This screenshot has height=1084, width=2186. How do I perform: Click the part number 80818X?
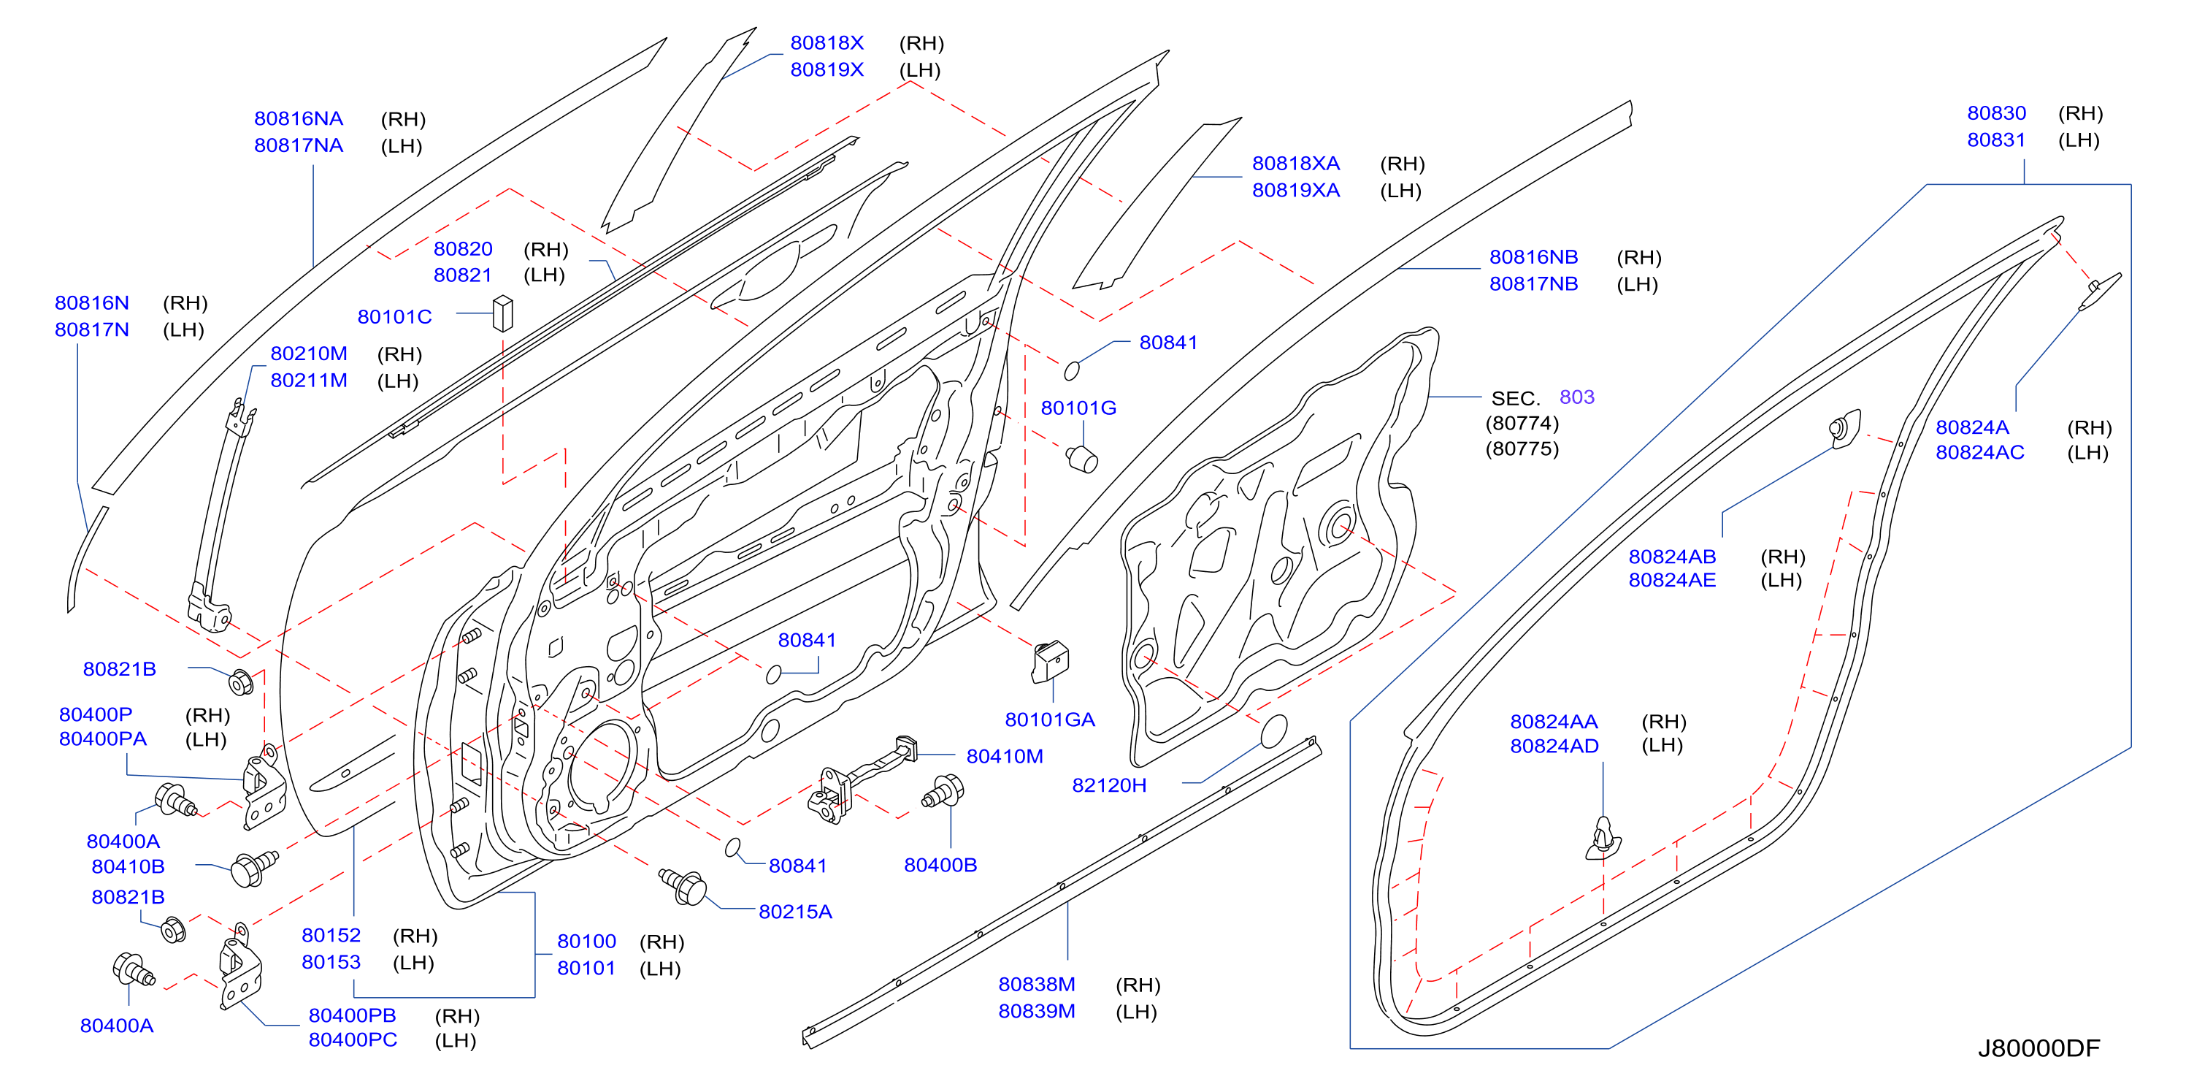827,43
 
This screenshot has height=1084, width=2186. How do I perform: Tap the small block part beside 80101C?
503,313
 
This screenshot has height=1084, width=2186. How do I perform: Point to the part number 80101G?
1078,408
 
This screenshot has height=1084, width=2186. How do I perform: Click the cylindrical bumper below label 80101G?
1082,459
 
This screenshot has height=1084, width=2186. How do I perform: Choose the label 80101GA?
1050,720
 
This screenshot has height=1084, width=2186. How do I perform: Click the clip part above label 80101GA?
1050,661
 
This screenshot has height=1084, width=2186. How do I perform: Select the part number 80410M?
1005,756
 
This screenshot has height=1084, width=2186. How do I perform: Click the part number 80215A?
795,912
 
